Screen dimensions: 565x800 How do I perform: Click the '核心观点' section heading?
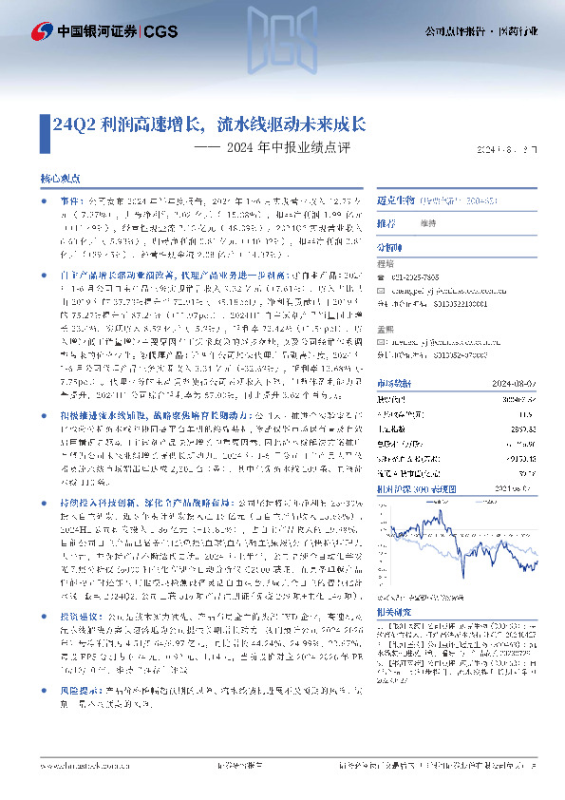pyautogui.click(x=60, y=180)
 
